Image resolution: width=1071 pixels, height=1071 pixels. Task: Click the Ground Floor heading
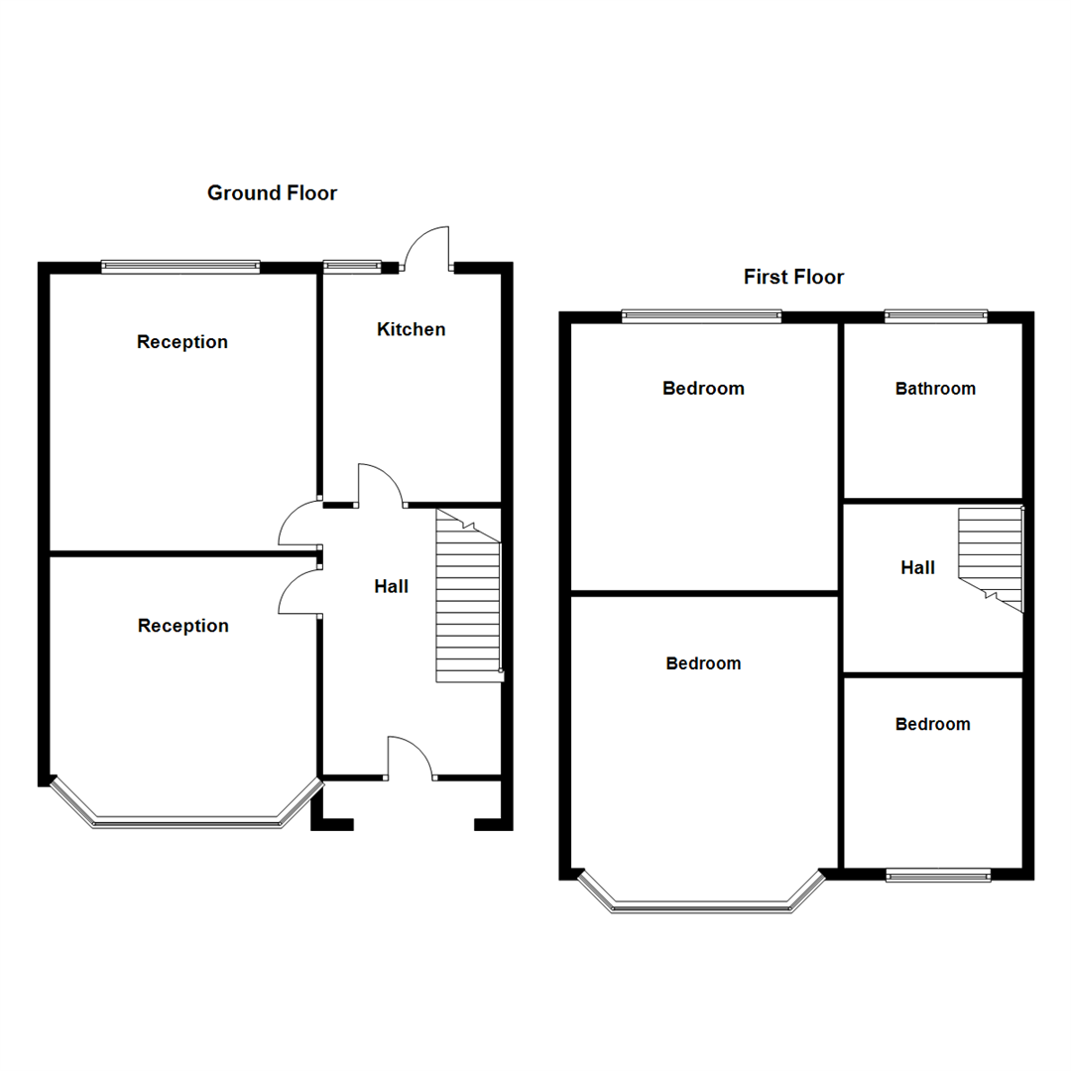[272, 193]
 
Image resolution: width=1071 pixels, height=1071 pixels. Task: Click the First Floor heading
[793, 277]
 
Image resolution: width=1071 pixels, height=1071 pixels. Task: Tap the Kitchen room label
[411, 329]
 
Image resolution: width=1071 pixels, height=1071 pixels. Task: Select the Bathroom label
[935, 389]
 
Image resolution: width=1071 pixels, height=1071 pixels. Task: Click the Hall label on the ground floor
[391, 587]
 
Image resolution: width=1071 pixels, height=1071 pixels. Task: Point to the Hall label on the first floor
[917, 568]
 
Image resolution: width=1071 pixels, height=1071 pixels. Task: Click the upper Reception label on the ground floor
[182, 342]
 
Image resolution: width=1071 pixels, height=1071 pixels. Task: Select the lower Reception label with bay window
[182, 626]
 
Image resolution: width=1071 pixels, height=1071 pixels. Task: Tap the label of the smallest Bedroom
[932, 724]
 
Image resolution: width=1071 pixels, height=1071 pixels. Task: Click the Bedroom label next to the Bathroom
[703, 389]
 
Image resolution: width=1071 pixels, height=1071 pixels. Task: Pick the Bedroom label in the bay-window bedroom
[703, 663]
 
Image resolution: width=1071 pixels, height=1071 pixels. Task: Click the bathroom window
[936, 316]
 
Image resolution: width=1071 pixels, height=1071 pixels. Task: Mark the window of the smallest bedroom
[938, 875]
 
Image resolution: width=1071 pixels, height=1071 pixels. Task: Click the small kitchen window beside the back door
[352, 266]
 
